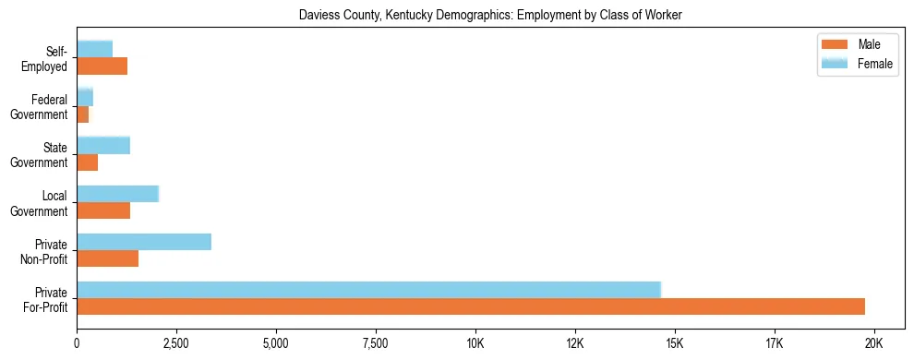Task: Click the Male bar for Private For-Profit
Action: tap(471, 306)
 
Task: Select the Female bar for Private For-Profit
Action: tap(368, 289)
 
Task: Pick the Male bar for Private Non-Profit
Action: tap(107, 258)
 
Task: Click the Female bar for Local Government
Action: tap(118, 194)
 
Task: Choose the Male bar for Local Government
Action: tap(103, 210)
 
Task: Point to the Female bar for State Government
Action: tap(103, 145)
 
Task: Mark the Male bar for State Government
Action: tap(87, 162)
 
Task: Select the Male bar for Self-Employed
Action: tap(102, 66)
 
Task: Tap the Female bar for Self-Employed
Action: tap(94, 49)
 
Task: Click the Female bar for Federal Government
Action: tap(85, 97)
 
